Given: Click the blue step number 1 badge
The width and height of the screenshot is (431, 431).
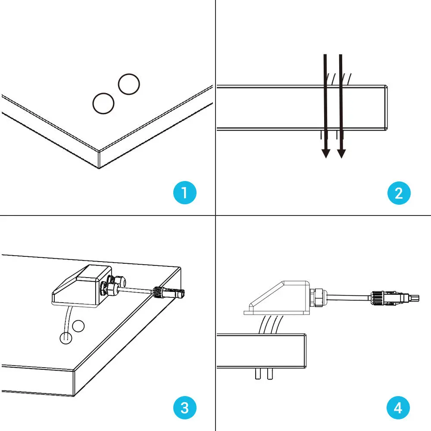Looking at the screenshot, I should coord(185,192).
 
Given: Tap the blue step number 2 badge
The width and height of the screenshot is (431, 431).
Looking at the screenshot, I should coord(398,192).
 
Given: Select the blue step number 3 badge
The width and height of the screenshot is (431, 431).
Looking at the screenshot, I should coord(185,407).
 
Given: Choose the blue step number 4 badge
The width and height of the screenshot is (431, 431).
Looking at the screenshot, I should coord(398,407).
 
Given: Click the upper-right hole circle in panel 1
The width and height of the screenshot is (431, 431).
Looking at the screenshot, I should coord(129,84).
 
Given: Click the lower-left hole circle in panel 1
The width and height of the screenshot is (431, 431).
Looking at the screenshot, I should coord(103,103).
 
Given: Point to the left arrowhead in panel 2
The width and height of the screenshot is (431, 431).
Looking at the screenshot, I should coord(326,153).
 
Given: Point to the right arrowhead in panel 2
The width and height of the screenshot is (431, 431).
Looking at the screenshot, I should coord(341,153).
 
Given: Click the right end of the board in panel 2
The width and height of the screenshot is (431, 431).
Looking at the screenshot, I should coord(386,107).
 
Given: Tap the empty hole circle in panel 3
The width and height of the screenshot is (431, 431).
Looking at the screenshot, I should coord(78,326).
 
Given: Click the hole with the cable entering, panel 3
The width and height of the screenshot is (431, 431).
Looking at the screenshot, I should coord(64,338).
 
